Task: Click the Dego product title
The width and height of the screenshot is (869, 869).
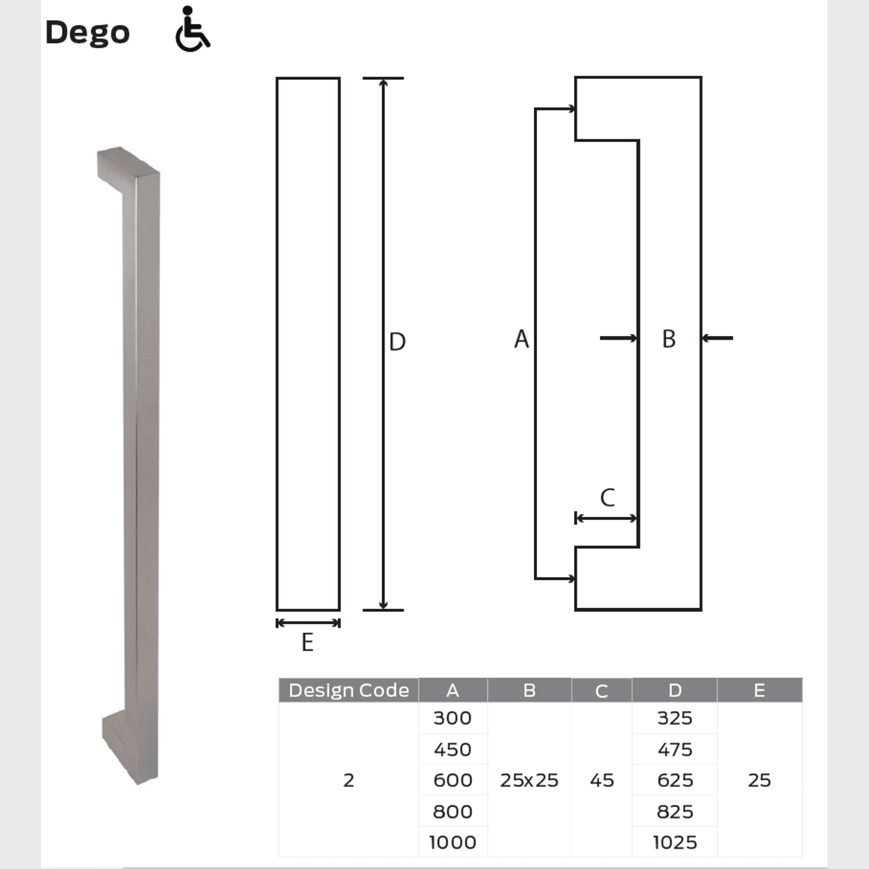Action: click(87, 33)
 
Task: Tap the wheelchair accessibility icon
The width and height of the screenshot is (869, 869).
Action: click(192, 30)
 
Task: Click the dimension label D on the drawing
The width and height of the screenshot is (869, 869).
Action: click(397, 342)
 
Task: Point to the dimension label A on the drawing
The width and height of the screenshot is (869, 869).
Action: click(522, 339)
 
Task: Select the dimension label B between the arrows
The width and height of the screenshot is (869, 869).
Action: click(669, 339)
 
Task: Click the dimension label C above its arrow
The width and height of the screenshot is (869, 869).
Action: click(607, 498)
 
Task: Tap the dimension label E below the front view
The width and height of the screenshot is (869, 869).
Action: click(307, 642)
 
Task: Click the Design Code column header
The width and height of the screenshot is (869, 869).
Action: click(348, 690)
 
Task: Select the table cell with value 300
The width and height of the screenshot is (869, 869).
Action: click(453, 718)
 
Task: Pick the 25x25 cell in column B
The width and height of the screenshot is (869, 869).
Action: click(529, 780)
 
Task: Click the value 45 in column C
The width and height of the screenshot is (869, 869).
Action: click(601, 780)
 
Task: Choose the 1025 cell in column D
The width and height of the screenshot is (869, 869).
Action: click(675, 843)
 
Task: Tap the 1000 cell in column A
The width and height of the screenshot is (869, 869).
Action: click(453, 843)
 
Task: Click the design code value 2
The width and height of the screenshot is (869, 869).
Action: click(348, 780)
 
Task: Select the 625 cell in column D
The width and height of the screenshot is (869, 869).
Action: click(675, 780)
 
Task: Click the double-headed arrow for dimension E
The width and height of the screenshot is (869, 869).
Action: click(308, 623)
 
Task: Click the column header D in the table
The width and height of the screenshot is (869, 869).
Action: click(675, 690)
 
